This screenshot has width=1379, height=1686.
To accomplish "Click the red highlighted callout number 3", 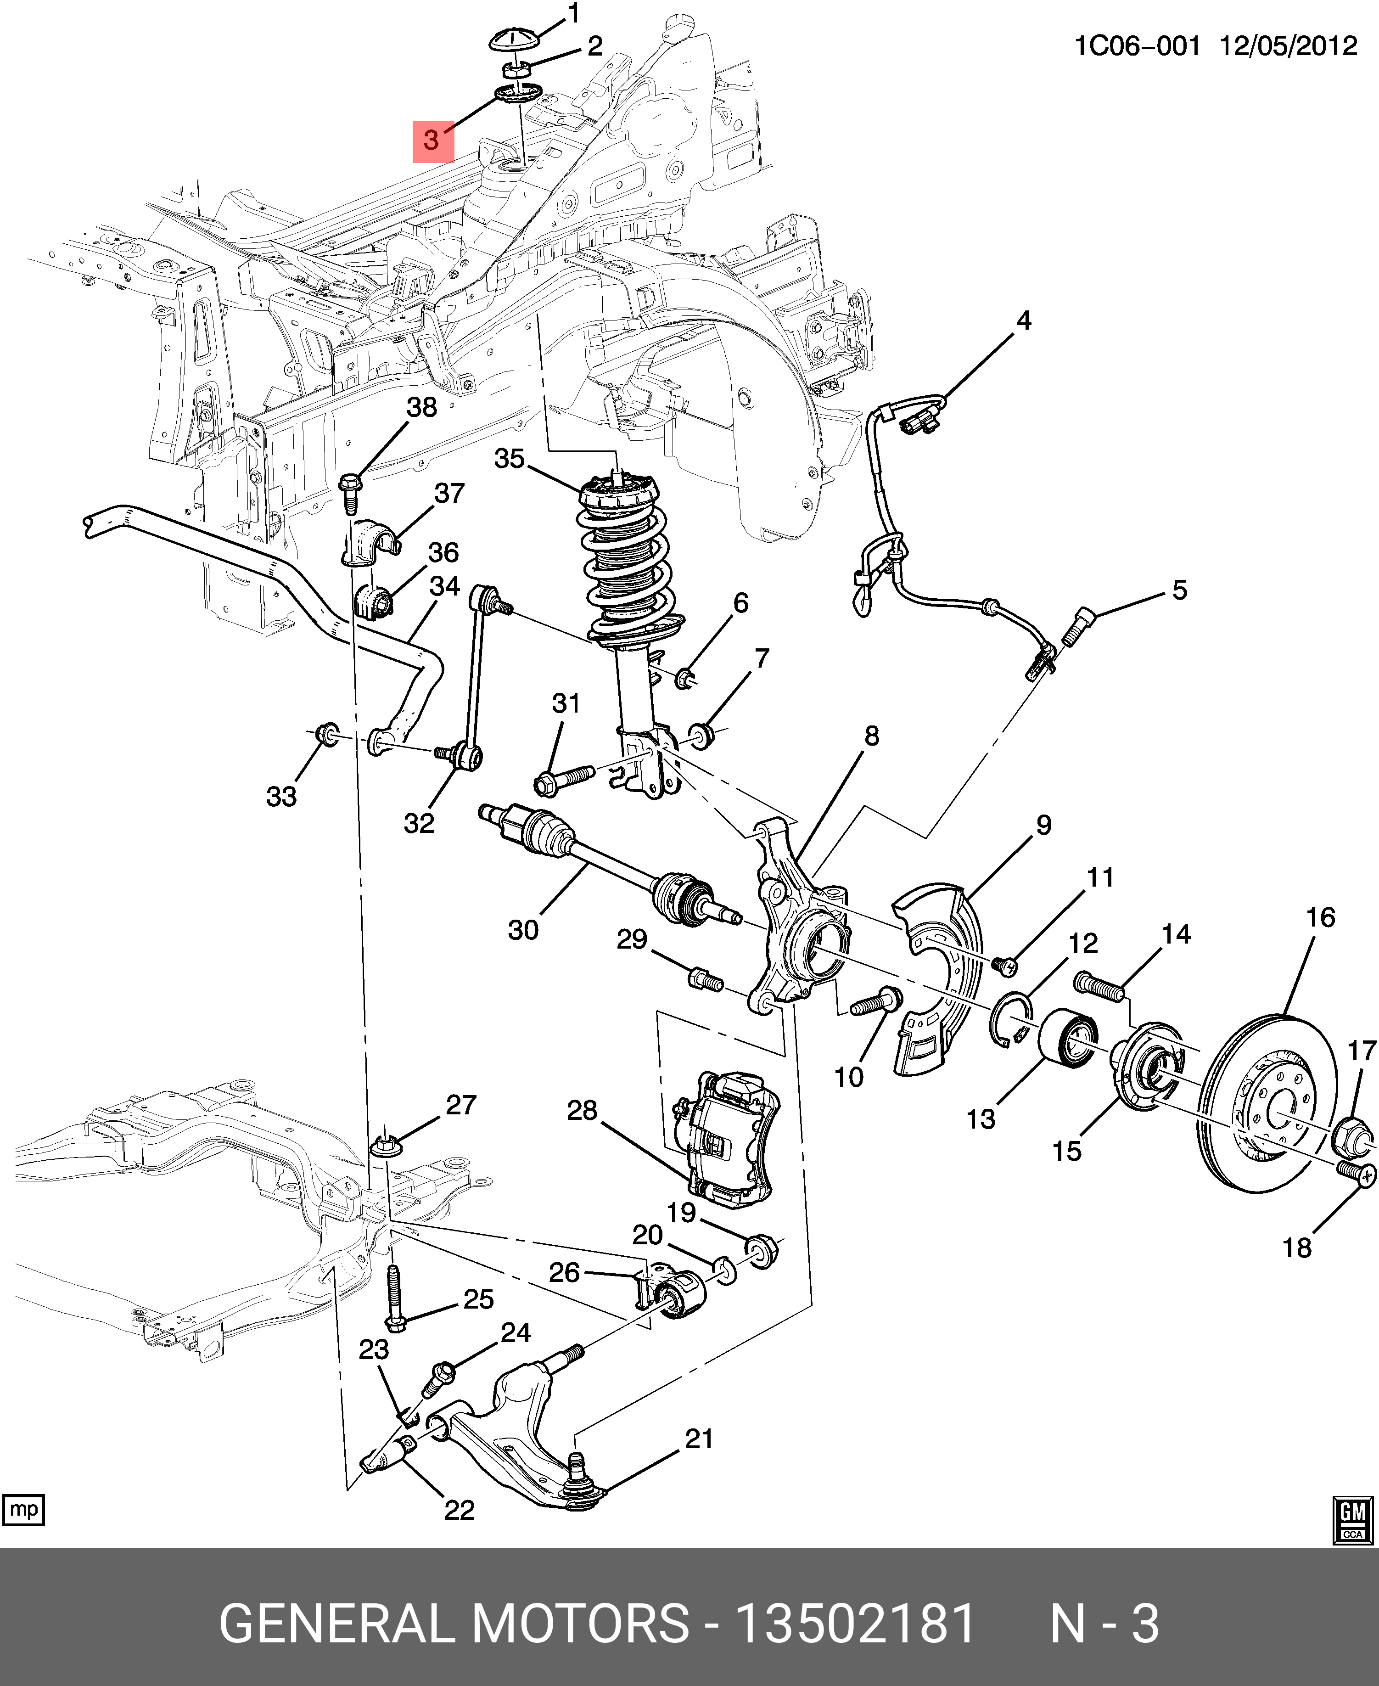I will (432, 140).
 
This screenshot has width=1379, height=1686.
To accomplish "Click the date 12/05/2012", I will (1289, 46).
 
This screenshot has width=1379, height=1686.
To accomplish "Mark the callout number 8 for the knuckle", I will (871, 736).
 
